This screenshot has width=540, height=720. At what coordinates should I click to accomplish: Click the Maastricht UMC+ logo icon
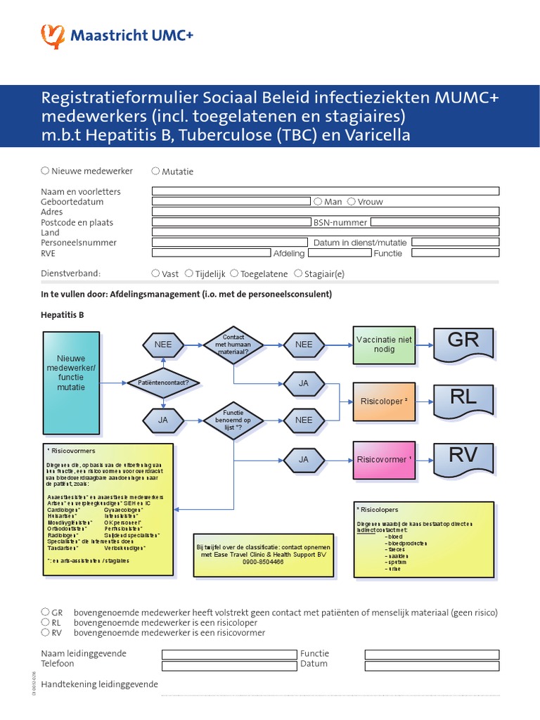pyautogui.click(x=53, y=36)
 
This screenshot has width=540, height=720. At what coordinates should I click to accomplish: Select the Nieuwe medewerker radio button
pyautogui.click(x=45, y=170)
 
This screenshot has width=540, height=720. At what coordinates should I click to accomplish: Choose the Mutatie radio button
pyautogui.click(x=155, y=170)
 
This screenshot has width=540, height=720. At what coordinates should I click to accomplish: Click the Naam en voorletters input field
pyautogui.click(x=326, y=191)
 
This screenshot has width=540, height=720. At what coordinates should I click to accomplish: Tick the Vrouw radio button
pyautogui.click(x=352, y=201)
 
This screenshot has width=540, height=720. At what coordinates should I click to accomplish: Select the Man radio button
pyautogui.click(x=319, y=201)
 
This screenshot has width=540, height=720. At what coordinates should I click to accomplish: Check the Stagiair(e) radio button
pyautogui.click(x=299, y=274)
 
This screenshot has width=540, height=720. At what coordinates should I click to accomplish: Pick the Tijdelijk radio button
pyautogui.click(x=189, y=274)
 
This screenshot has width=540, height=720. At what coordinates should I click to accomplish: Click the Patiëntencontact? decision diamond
pyautogui.click(x=163, y=382)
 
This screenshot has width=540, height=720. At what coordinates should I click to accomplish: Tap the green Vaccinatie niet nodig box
pyautogui.click(x=384, y=345)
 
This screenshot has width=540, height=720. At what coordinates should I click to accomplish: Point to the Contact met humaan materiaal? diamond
pyautogui.click(x=233, y=345)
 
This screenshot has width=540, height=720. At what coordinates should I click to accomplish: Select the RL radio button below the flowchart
pyautogui.click(x=45, y=622)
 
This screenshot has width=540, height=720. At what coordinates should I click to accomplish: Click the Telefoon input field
pyautogui.click(x=229, y=665)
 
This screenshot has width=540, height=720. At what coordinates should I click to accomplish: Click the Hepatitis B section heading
pyautogui.click(x=63, y=315)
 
